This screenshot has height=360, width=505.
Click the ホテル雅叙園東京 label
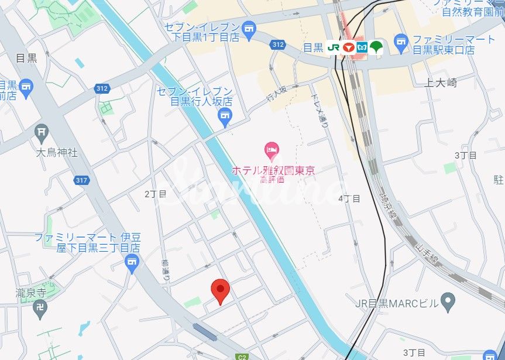(x=273, y=170)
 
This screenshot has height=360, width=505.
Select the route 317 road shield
(x=82, y=180)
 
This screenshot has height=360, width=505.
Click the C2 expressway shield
(x=242, y=356)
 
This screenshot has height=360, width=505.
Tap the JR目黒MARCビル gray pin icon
(x=448, y=302)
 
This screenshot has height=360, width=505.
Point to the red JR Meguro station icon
(x=349, y=47)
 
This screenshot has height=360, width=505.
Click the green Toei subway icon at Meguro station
(x=376, y=47)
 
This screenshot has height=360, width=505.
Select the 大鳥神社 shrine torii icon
(x=41, y=132)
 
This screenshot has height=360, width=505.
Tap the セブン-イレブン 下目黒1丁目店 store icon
(x=249, y=30)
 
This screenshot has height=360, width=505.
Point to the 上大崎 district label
(x=441, y=83)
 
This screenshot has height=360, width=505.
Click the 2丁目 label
(x=156, y=193)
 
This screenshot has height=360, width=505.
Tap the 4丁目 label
(x=349, y=198)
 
